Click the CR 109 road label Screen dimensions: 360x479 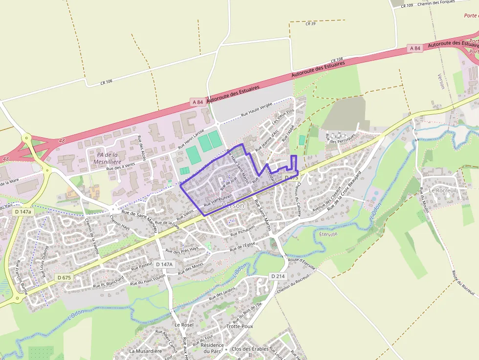(407, 5)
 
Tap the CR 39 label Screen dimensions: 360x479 (310, 23)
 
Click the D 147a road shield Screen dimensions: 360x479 (23, 212)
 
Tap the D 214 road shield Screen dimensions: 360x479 (278, 276)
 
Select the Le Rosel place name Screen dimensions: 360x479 (184, 324)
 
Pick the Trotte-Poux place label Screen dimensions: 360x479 (239, 326)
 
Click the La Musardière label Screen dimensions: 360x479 (145, 351)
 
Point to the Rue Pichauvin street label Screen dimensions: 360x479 (243, 231)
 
